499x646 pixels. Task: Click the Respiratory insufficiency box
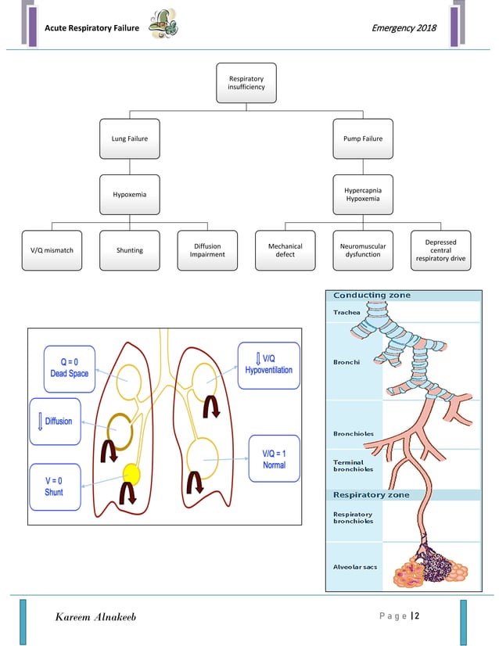pos(246,83)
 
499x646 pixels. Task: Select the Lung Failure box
pos(129,138)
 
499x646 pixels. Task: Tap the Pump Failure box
pos(363,138)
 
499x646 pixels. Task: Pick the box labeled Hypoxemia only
pos(129,194)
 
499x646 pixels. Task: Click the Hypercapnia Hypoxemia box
pos(363,194)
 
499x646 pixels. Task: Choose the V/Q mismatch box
pos(52,250)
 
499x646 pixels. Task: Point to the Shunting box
pos(129,250)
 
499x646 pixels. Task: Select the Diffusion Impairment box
pos(207,250)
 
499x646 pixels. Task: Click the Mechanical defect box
pos(285,250)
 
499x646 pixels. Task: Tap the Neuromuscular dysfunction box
pos(363,250)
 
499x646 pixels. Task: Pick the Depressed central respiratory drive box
pos(441,250)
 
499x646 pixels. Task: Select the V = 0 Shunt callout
pos(54,486)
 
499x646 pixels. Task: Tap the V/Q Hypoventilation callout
pos(268,364)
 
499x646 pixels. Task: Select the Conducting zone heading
pos(372,295)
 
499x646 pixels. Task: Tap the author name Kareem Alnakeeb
pos(95,618)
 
